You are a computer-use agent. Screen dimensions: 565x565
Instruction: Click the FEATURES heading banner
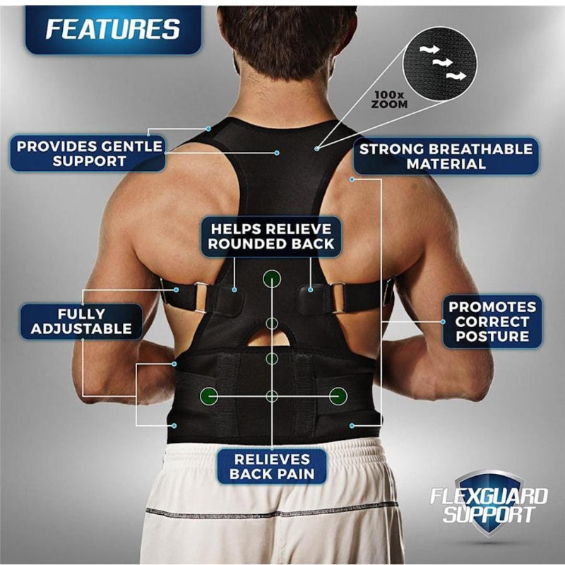(x=113, y=29)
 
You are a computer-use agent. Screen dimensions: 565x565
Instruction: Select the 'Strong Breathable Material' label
(x=446, y=156)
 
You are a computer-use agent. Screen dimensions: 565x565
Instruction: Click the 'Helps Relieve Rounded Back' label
(x=271, y=236)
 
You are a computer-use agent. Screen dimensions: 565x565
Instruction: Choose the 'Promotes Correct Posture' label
(x=492, y=321)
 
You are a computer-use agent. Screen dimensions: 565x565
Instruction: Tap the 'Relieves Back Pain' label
(x=271, y=466)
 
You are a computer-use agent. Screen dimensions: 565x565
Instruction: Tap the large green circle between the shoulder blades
(x=272, y=278)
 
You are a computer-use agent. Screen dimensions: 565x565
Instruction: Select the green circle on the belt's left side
(x=208, y=396)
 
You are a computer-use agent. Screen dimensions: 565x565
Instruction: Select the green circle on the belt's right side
(x=338, y=396)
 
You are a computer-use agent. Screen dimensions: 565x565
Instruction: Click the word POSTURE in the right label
(x=492, y=337)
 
